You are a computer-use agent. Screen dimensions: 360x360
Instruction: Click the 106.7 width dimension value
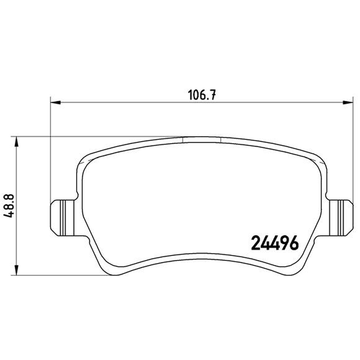(202, 95)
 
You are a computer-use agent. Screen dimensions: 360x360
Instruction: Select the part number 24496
(275, 243)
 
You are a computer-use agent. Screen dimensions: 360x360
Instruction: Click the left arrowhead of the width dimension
(55, 103)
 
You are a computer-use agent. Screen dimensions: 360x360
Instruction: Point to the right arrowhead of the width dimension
(347, 103)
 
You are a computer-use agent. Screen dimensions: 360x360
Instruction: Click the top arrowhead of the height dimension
(16, 142)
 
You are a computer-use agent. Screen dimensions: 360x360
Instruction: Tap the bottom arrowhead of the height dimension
(16, 270)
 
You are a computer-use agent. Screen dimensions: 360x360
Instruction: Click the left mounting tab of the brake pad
(63, 218)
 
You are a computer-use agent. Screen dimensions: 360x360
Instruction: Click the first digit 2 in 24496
(256, 243)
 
